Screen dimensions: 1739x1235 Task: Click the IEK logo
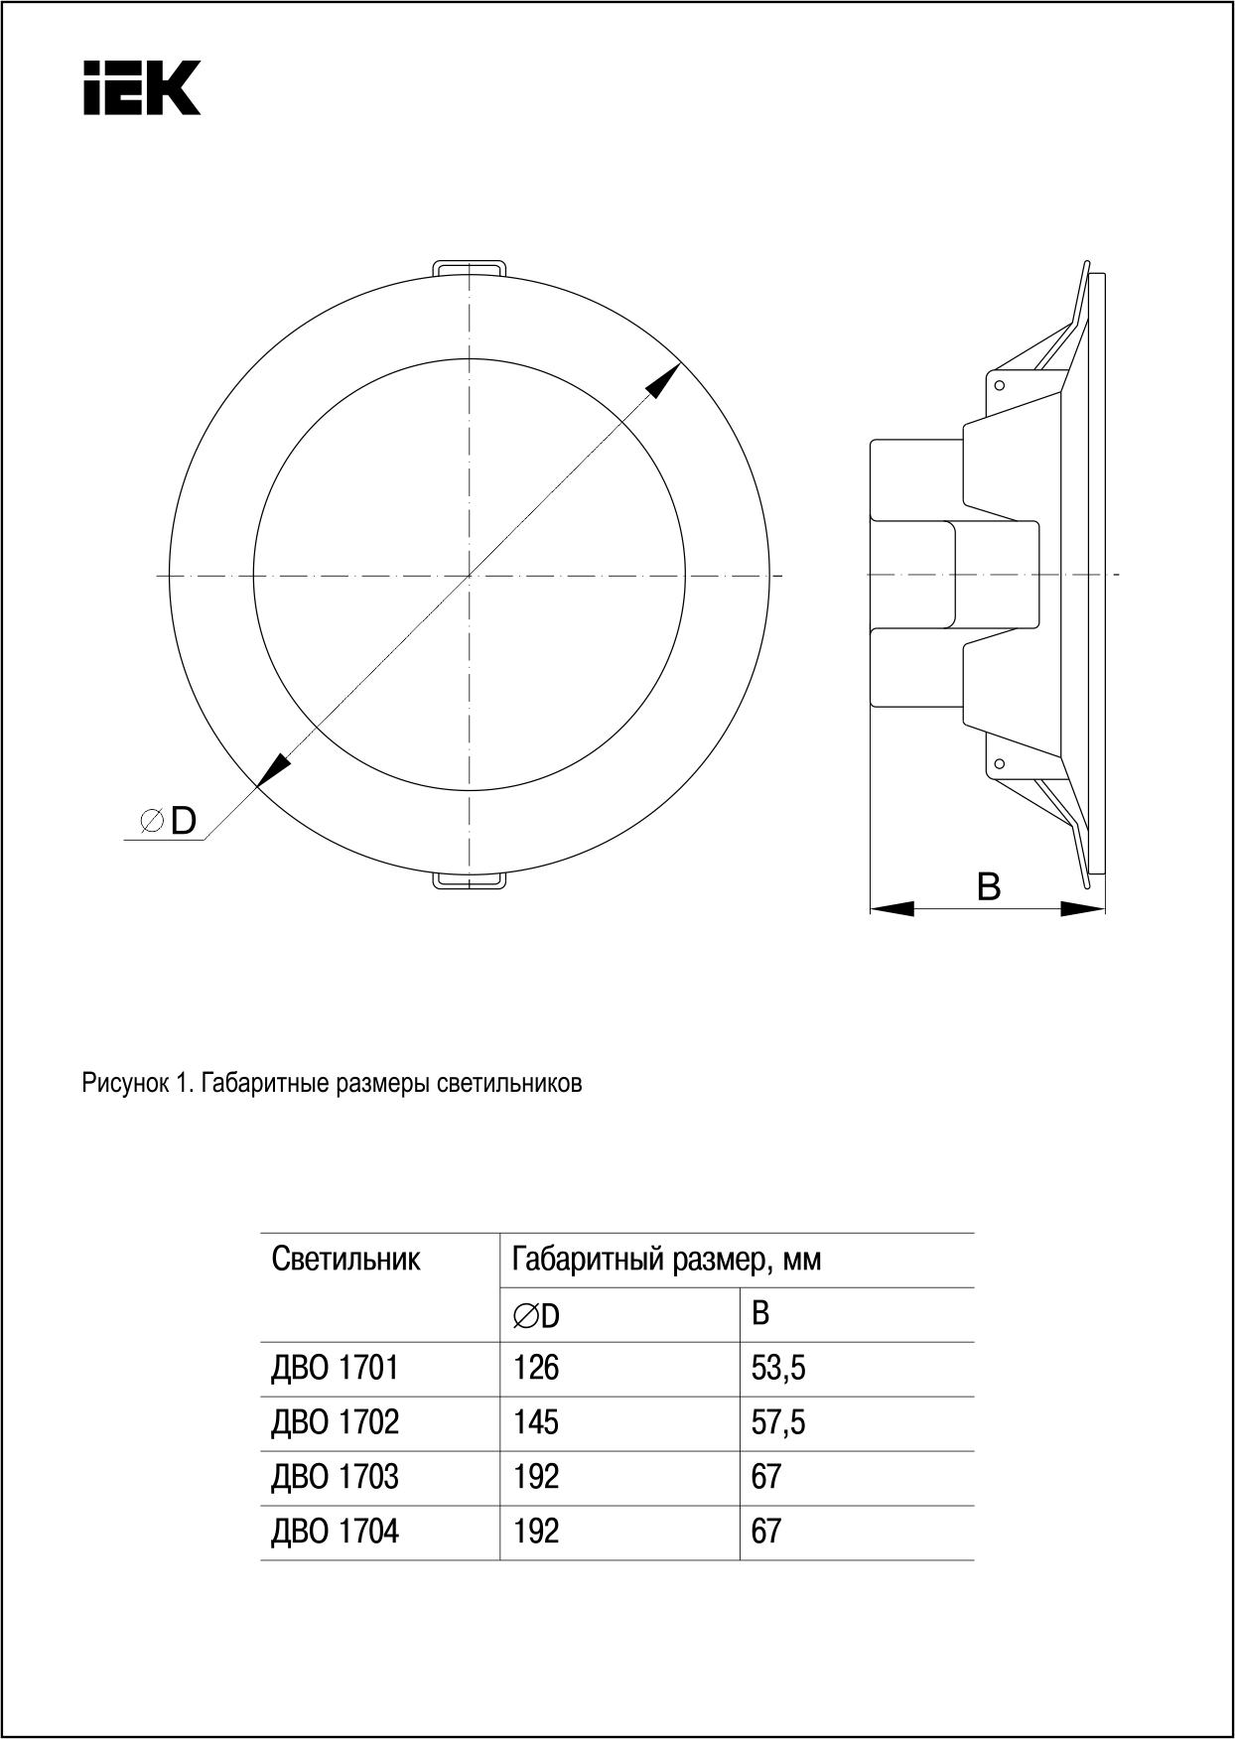pos(142,87)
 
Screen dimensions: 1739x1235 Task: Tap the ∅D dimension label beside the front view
pos(169,821)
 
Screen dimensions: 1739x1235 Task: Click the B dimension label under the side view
pos(988,886)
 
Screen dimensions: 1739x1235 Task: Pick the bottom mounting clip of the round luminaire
pos(470,881)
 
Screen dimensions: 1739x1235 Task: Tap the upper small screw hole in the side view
pos(1000,385)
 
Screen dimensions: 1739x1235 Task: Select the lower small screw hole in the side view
pos(1000,763)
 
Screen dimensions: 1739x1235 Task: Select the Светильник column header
pos(345,1261)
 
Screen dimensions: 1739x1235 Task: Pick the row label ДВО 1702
pos(335,1423)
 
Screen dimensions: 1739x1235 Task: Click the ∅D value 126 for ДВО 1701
pos(536,1369)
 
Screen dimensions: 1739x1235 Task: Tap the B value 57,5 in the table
pos(778,1423)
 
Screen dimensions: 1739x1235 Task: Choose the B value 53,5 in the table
pos(778,1369)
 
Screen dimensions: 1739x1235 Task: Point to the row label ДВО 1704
pos(335,1533)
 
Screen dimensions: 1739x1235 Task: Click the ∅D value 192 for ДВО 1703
pos(536,1478)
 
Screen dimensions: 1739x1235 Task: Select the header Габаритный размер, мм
pos(666,1261)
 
